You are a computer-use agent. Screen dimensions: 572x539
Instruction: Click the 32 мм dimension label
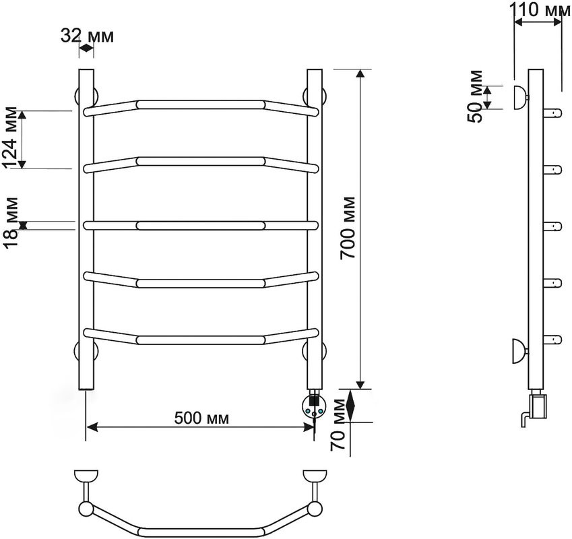(87, 36)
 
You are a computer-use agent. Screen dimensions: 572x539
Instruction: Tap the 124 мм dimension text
(11, 137)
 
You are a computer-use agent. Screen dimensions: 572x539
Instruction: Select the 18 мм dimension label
(11, 222)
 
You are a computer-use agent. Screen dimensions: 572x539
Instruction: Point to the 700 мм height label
(348, 228)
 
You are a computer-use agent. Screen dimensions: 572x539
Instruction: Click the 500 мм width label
(201, 418)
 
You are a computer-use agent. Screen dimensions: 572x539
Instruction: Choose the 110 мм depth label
(540, 9)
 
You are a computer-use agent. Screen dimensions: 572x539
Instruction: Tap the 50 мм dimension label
(476, 96)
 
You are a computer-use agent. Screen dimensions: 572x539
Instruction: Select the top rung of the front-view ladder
(201, 105)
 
